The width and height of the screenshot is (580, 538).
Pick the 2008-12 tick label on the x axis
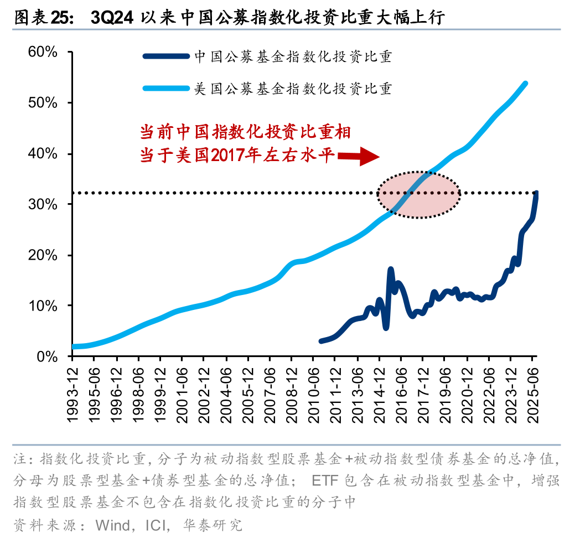(x=292, y=394)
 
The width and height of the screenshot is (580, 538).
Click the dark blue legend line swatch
(x=165, y=56)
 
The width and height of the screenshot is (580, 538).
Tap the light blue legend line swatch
(x=165, y=88)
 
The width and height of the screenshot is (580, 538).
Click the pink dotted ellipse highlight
(x=419, y=194)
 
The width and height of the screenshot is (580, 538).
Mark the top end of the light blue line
(x=525, y=84)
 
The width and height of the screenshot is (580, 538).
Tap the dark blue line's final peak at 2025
(x=536, y=193)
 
